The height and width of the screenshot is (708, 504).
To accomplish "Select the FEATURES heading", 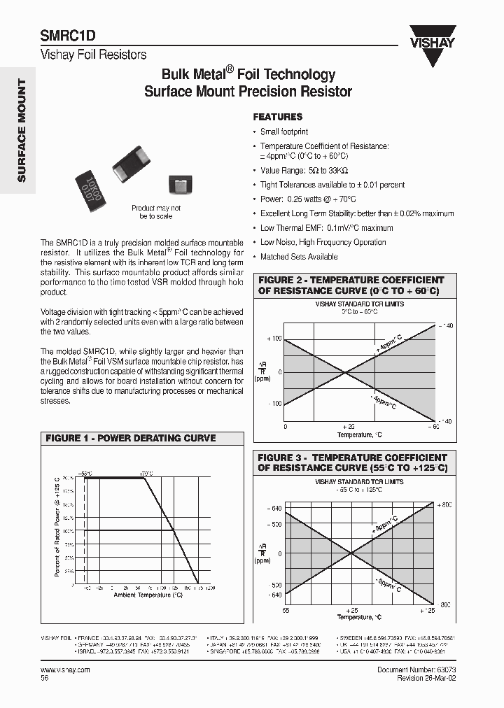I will [277, 117].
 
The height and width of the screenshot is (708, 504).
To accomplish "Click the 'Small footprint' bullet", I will [283, 132].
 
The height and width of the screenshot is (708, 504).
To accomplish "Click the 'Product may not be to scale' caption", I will [155, 212].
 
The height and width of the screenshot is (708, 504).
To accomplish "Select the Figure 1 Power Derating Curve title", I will [131, 438].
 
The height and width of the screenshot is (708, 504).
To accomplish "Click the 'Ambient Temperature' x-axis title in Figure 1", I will [148, 595].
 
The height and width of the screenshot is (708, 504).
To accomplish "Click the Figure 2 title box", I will [351, 285].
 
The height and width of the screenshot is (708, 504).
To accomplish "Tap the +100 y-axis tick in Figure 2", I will [275, 339].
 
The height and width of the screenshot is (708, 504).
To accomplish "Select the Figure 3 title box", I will [352, 462].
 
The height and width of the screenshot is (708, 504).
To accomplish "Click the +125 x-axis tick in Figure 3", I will [428, 610].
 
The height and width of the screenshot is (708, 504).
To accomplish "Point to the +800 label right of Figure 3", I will [444, 504].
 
